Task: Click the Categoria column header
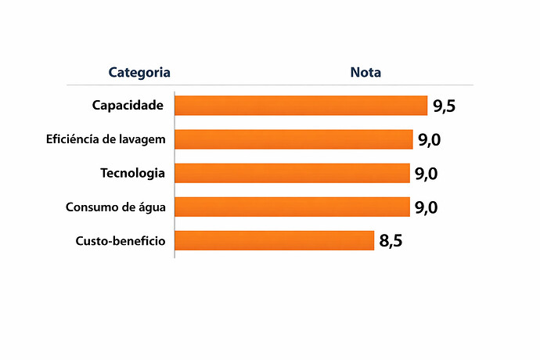[139, 73]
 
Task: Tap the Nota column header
[365, 73]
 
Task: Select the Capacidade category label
[128, 106]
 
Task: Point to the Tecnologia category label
[132, 173]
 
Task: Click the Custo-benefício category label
[121, 240]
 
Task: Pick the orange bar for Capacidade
[301, 106]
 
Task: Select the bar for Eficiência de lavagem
[293, 139]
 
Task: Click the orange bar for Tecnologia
[292, 173]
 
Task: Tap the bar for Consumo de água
[292, 207]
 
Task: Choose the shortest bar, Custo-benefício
[274, 240]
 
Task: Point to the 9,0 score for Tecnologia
[426, 174]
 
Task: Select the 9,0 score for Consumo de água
[426, 207]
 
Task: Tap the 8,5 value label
[391, 241]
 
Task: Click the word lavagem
[142, 139]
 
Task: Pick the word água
[150, 207]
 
